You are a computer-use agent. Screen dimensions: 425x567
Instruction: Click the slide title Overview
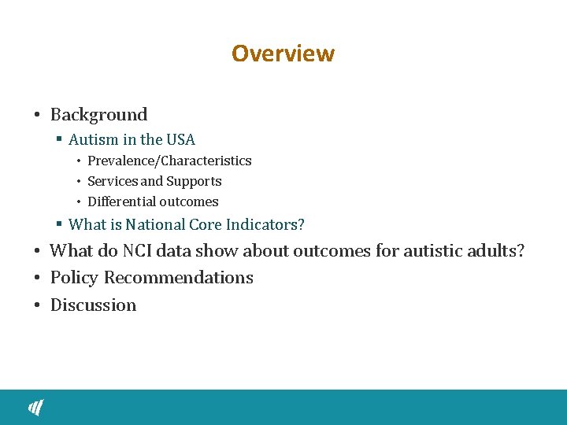pyautogui.click(x=283, y=54)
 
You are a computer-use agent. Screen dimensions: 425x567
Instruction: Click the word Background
pyautogui.click(x=98, y=115)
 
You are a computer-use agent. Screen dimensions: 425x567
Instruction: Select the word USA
pyautogui.click(x=180, y=140)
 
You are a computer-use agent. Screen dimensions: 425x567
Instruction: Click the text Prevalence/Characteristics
pyautogui.click(x=169, y=161)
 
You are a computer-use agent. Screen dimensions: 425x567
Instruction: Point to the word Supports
pyautogui.click(x=194, y=181)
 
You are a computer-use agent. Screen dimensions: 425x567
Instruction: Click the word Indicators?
pyautogui.click(x=265, y=224)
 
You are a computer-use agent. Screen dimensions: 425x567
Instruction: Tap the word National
pyautogui.click(x=154, y=224)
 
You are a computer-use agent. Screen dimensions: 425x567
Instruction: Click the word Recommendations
pyautogui.click(x=179, y=278)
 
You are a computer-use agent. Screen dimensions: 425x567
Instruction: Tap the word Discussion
pyautogui.click(x=93, y=305)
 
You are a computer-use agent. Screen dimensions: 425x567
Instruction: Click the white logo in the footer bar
pyautogui.click(x=36, y=407)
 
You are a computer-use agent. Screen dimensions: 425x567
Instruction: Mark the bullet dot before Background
pyautogui.click(x=37, y=116)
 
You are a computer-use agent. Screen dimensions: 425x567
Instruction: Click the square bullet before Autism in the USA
pyautogui.click(x=59, y=140)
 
